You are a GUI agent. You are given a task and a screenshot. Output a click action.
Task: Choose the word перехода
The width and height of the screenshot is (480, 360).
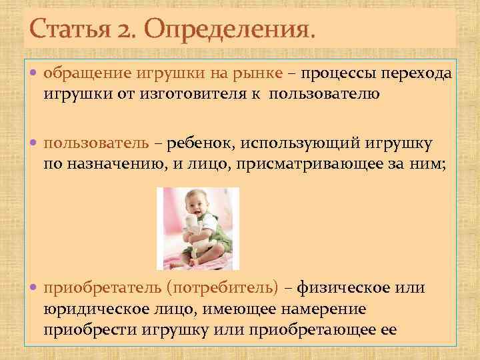click(416, 73)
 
